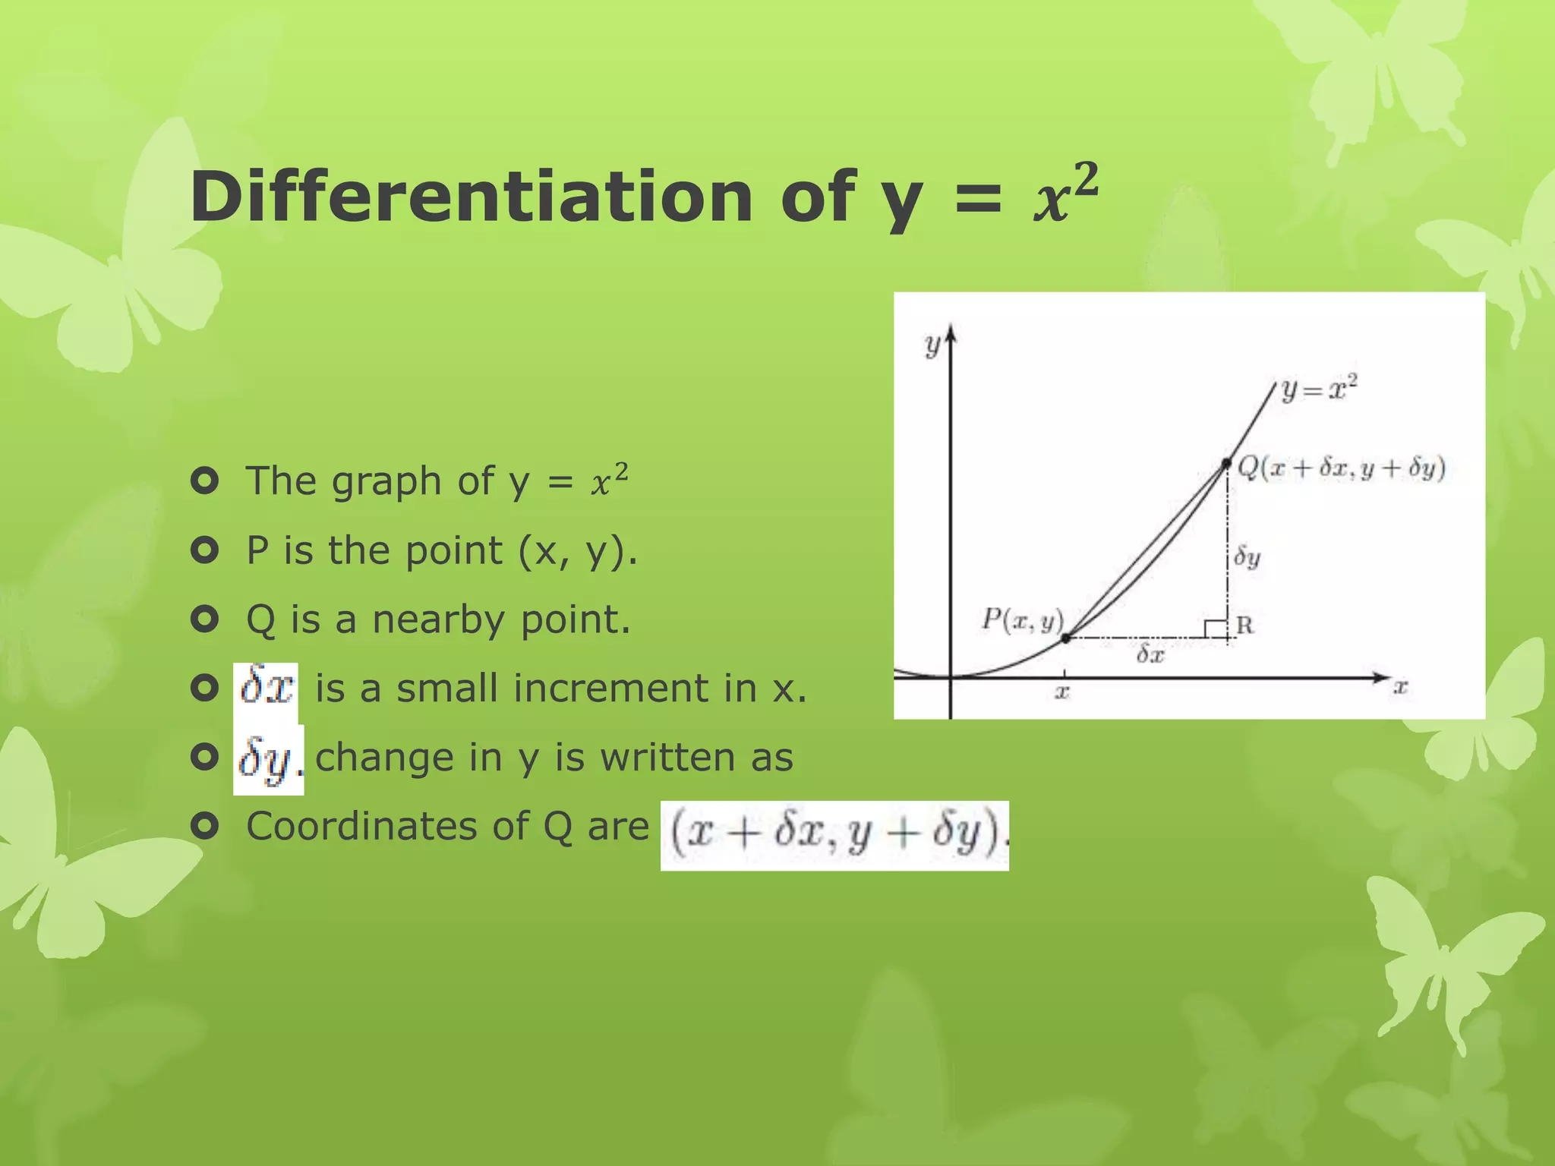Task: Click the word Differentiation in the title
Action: click(471, 197)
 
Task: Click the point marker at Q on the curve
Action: click(1226, 463)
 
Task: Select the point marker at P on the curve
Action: click(1065, 638)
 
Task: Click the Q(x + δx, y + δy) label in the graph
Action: click(1341, 468)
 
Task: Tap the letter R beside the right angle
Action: click(1244, 625)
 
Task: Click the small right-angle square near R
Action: click(1216, 629)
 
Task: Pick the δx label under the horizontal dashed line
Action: click(1150, 654)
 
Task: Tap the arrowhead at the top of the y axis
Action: click(951, 334)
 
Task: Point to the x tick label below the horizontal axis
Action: click(1063, 692)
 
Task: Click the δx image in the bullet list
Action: click(266, 687)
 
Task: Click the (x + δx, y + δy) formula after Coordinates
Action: click(834, 834)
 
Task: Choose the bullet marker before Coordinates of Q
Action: click(204, 825)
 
